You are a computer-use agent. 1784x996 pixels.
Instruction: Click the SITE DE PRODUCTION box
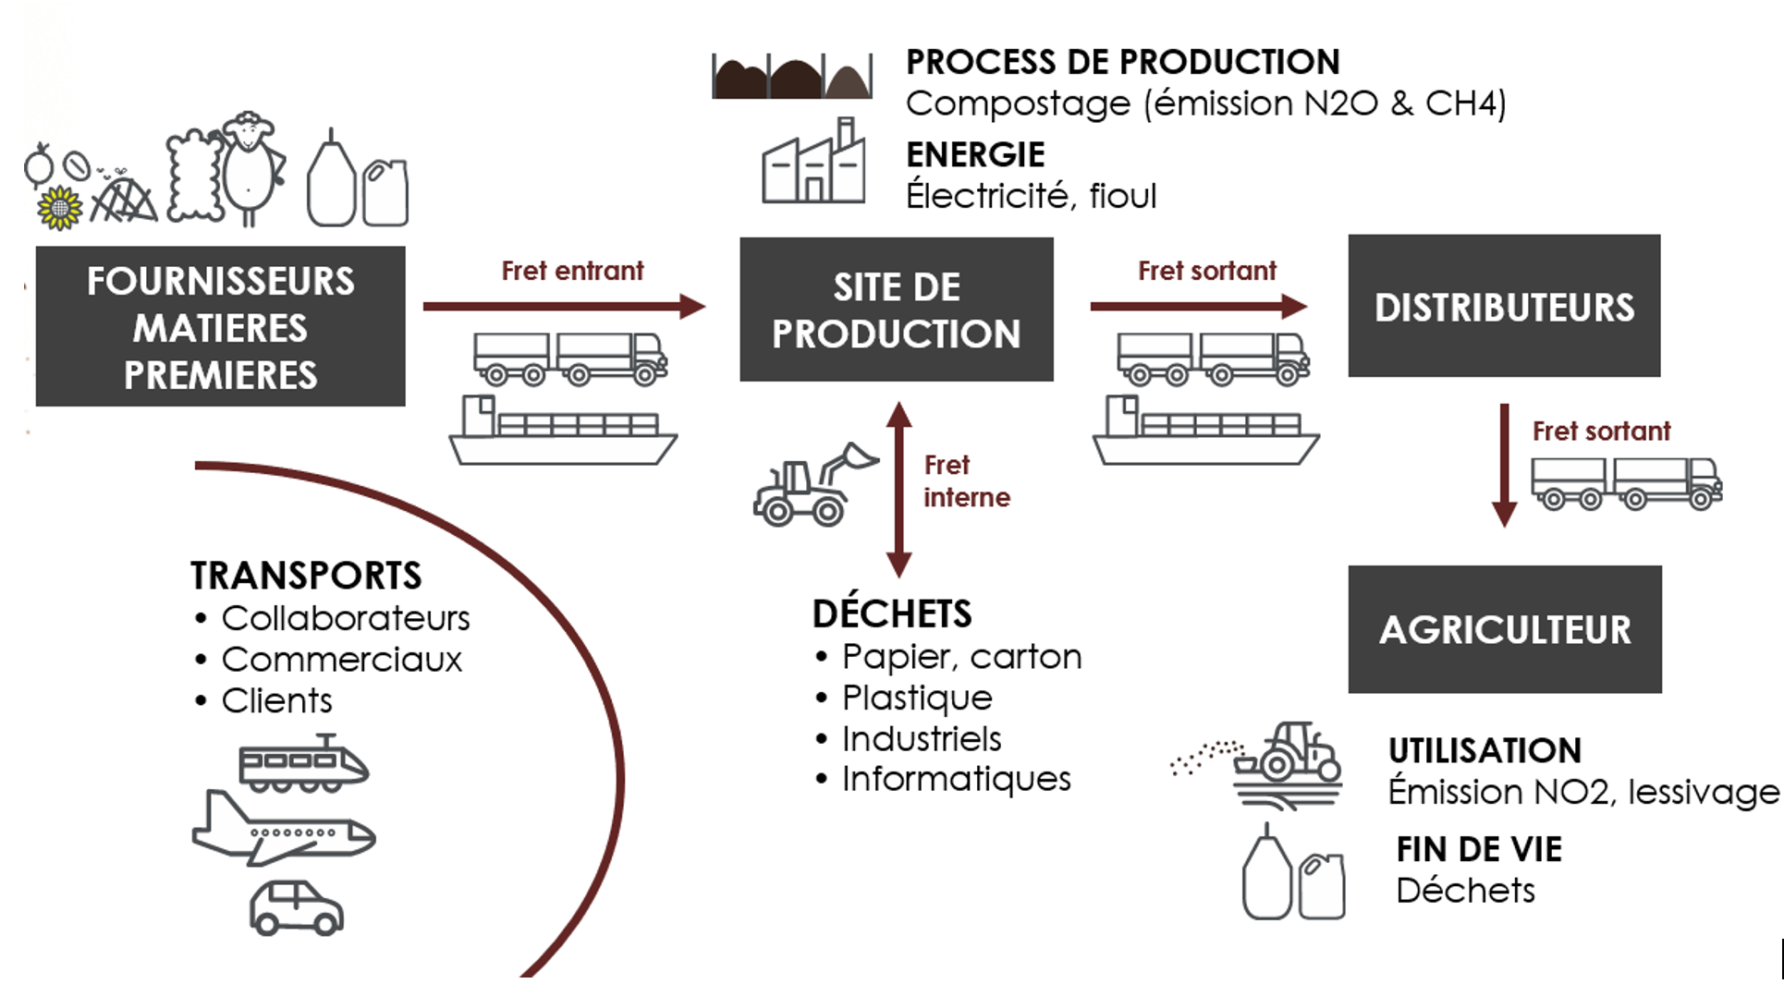896,310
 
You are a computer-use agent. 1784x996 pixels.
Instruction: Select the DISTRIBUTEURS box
1504,306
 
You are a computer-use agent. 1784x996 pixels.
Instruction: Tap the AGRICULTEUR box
1504,629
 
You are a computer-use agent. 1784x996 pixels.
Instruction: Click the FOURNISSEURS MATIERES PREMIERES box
220,326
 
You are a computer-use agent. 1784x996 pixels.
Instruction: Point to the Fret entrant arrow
564,306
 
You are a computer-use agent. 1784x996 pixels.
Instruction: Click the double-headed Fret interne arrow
898,489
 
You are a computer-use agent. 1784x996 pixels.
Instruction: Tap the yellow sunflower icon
59,207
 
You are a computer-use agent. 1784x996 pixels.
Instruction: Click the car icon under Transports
296,907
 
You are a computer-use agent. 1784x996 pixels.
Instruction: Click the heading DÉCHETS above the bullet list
892,613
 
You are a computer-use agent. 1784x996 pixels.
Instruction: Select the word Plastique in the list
917,698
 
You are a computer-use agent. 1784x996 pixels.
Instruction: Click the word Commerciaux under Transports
341,660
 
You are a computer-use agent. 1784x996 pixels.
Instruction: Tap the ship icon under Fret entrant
563,432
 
